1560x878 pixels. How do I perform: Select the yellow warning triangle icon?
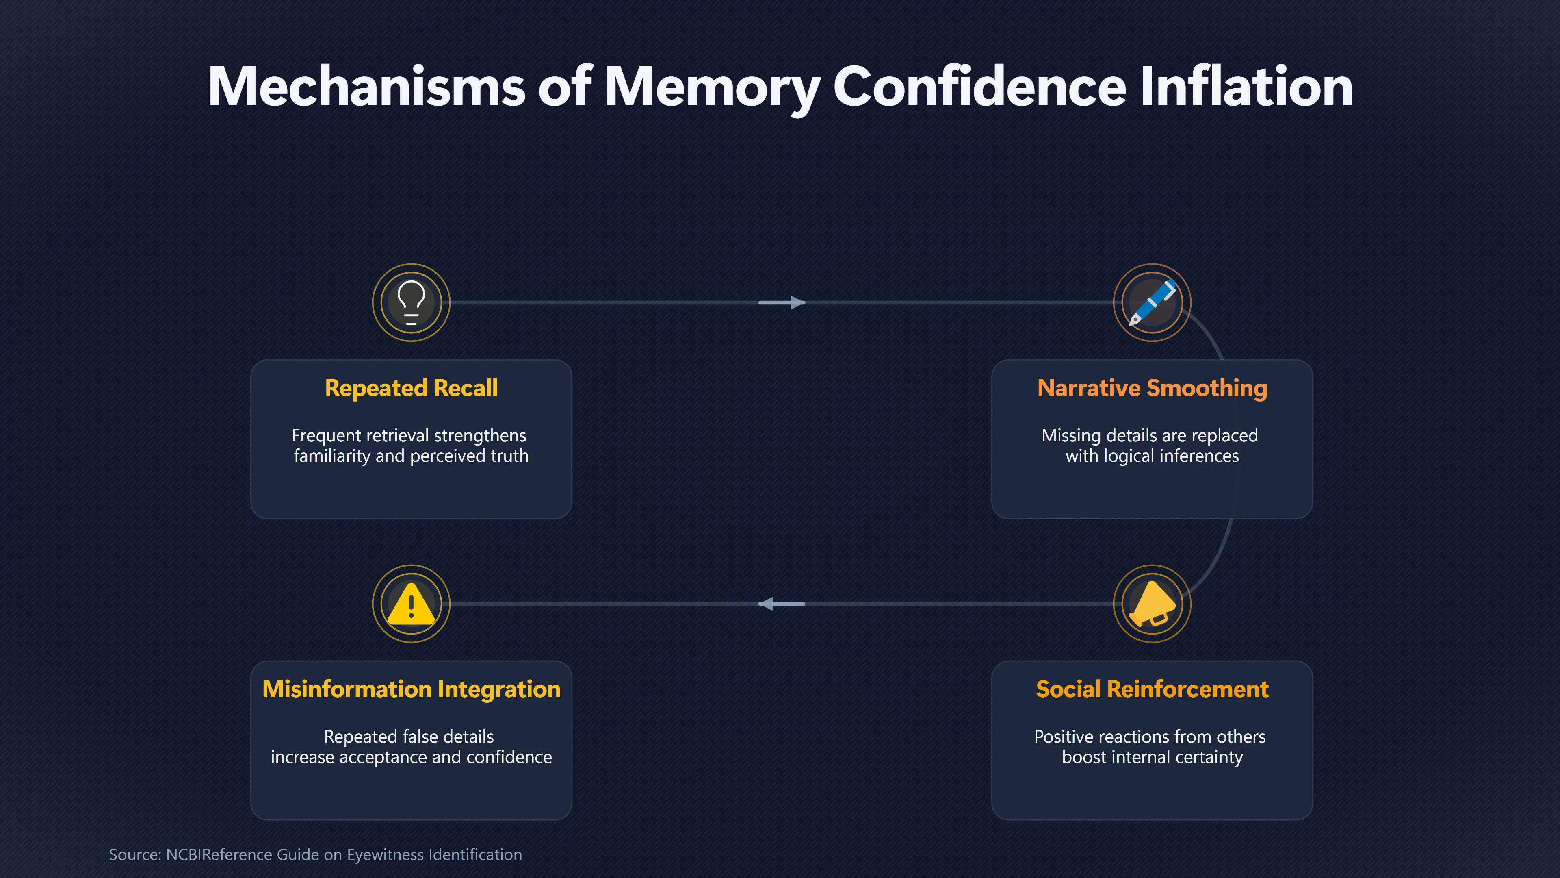[x=411, y=604]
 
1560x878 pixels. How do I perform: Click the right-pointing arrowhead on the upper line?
[x=797, y=302]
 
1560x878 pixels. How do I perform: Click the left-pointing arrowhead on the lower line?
[x=766, y=604]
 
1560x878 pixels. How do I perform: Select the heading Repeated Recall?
[x=411, y=388]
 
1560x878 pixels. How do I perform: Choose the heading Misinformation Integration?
[x=411, y=689]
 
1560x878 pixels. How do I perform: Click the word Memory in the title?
[x=712, y=88]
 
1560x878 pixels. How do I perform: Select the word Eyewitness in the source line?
[x=385, y=854]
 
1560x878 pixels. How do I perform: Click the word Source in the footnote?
[x=135, y=854]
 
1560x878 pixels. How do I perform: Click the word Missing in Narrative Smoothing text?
[x=1071, y=436]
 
